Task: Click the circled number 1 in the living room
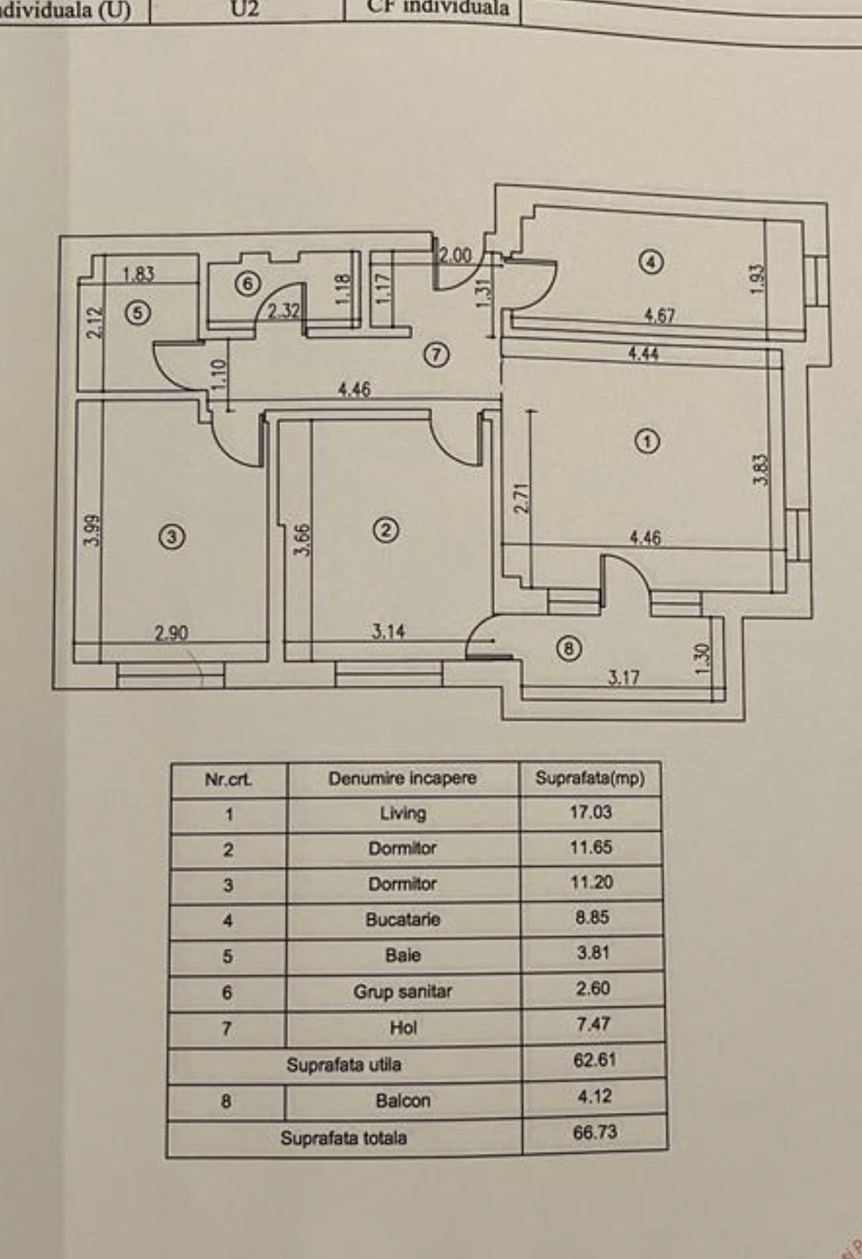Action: [647, 441]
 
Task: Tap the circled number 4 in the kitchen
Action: [651, 262]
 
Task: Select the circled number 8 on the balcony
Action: [569, 648]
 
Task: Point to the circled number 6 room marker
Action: [248, 283]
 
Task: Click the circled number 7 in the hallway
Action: [436, 356]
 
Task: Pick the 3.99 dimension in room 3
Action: [92, 530]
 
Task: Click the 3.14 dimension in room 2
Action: [387, 631]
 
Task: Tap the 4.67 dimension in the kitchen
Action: [659, 316]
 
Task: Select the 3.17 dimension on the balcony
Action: [623, 677]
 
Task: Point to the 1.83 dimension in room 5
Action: [138, 274]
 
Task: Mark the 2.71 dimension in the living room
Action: [521, 497]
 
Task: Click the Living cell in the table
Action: [403, 813]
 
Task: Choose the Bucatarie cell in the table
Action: [403, 920]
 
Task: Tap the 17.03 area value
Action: [591, 812]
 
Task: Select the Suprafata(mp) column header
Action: [590, 778]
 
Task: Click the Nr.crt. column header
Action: [228, 780]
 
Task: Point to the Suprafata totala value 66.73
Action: [595, 1132]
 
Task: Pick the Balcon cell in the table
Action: [403, 1101]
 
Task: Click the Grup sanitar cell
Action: [403, 992]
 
